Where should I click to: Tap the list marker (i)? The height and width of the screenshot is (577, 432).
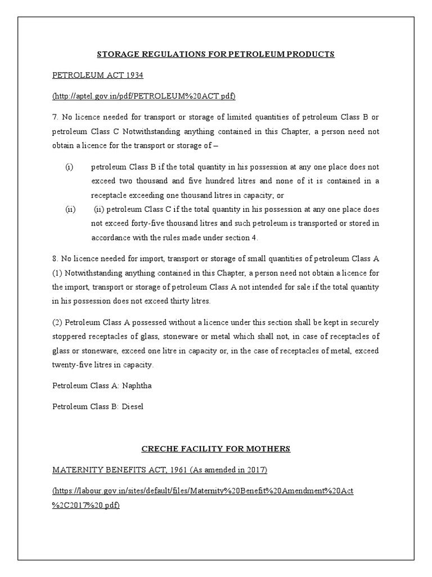(70, 167)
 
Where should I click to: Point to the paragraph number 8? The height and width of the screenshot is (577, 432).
(54, 259)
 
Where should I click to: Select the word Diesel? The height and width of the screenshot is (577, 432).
(133, 407)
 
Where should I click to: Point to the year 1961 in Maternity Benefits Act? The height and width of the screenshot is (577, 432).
(175, 469)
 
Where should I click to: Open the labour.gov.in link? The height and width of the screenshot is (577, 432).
(202, 491)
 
